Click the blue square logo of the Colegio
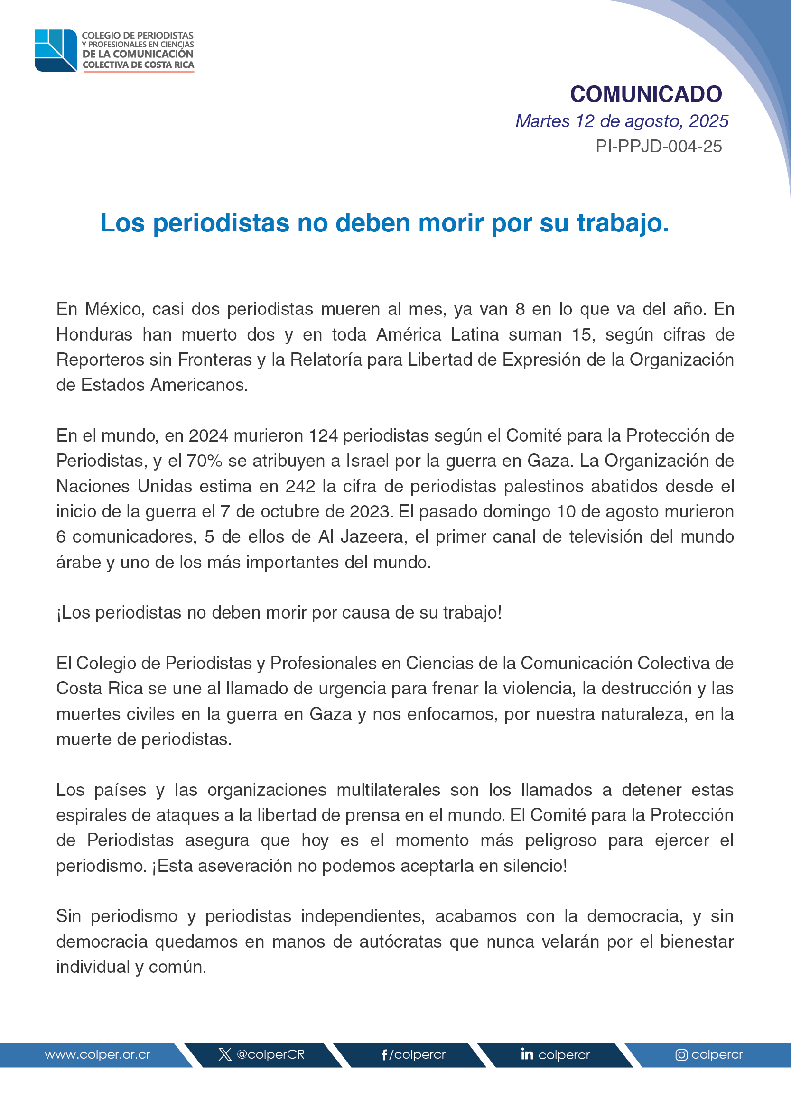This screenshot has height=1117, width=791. [x=56, y=51]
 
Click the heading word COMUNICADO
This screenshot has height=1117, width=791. [x=646, y=94]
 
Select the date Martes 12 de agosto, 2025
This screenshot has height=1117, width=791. [x=622, y=121]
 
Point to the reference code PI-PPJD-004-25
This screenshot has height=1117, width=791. [x=659, y=147]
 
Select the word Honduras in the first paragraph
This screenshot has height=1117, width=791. [x=94, y=334]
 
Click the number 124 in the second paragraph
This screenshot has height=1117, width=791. [x=324, y=436]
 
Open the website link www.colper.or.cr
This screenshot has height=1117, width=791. [x=97, y=1055]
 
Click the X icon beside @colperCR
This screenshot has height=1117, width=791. [x=224, y=1055]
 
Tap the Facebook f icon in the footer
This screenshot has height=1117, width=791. [x=384, y=1055]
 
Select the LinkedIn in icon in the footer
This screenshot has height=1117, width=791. [x=527, y=1054]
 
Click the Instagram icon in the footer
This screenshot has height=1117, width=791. [x=681, y=1055]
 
